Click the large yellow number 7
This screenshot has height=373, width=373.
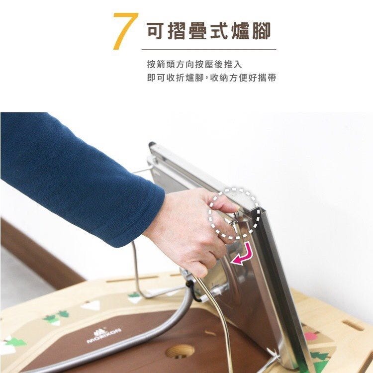(125, 31)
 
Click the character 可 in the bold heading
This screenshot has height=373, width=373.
(156, 31)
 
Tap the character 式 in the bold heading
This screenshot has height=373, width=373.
(219, 31)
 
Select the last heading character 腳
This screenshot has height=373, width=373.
(261, 31)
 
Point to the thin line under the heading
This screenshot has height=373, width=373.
(209, 49)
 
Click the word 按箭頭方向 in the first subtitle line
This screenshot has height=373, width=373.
(171, 65)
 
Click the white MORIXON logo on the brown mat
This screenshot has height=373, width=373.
(104, 335)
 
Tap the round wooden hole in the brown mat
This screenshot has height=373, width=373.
(180, 351)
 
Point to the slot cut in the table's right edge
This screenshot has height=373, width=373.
(353, 325)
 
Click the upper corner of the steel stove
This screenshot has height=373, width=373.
(151, 144)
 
